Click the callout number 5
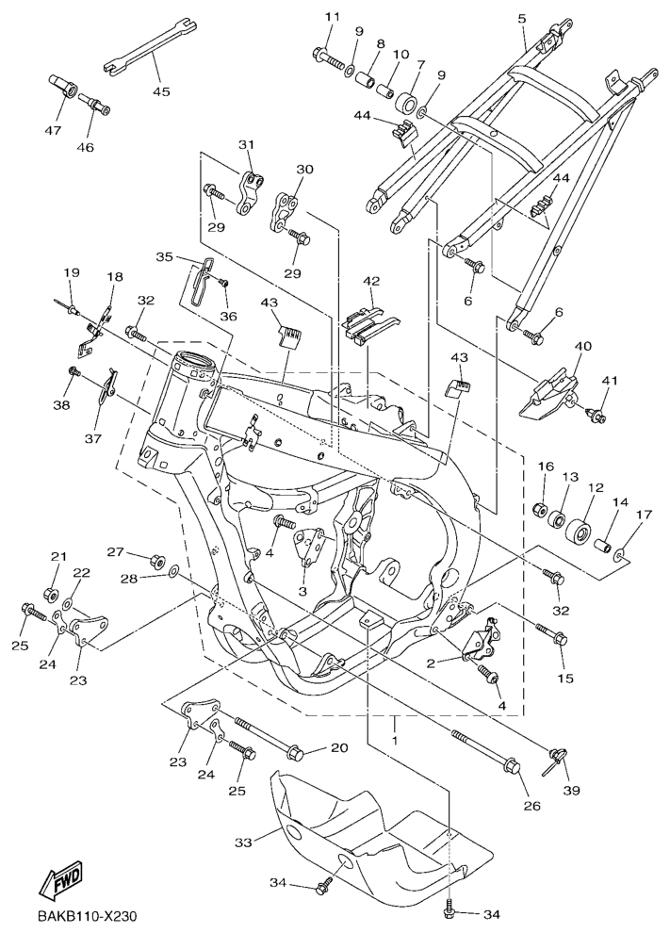coord(522,19)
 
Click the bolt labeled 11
coord(328,57)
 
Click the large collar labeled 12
coord(578,529)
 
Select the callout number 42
coord(371,281)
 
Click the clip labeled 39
coord(556,758)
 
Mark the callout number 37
coord(92,438)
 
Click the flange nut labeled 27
coord(158,559)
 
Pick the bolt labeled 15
coord(551,635)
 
